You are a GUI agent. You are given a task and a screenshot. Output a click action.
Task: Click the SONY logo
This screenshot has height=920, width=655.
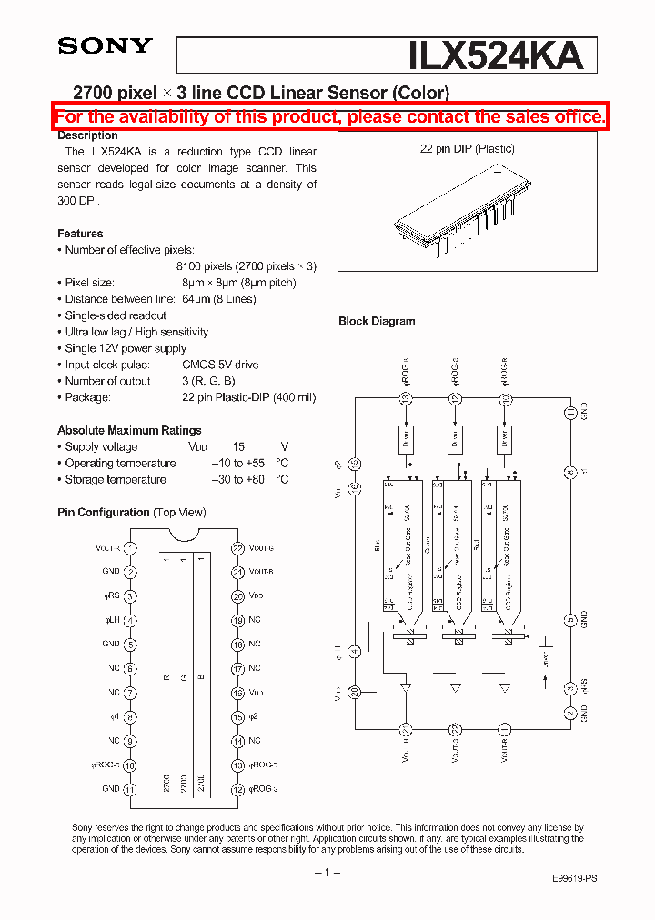pyautogui.click(x=105, y=45)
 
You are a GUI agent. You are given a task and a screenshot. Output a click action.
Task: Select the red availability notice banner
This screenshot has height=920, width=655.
pyautogui.click(x=329, y=116)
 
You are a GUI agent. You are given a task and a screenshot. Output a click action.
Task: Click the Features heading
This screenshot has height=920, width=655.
pyautogui.click(x=80, y=234)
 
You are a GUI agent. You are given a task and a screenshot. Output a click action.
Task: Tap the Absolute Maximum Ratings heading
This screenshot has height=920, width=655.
pyautogui.click(x=129, y=430)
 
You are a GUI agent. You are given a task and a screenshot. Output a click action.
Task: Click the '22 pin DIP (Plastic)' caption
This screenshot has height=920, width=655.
pyautogui.click(x=467, y=149)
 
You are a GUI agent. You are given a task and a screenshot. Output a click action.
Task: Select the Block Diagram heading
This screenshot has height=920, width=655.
pyautogui.click(x=377, y=321)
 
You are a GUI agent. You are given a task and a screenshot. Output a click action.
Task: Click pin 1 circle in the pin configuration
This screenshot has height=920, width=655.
pyautogui.click(x=130, y=548)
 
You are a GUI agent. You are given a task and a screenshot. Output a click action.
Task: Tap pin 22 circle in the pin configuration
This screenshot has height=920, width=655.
pyautogui.click(x=237, y=548)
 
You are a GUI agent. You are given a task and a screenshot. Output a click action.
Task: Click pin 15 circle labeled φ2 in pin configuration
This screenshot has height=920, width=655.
pyautogui.click(x=237, y=717)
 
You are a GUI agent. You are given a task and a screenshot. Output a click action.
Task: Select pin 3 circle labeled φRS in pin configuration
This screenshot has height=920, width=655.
pyautogui.click(x=130, y=596)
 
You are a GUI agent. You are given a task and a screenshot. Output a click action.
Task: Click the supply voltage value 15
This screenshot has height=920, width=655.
pyautogui.click(x=238, y=446)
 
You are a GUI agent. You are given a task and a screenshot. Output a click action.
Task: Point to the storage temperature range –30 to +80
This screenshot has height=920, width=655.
pyautogui.click(x=238, y=479)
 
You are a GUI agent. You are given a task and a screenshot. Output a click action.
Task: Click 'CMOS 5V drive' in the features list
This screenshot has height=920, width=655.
pyautogui.click(x=220, y=365)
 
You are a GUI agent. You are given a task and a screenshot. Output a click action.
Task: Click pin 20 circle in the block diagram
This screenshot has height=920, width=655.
pyautogui.click(x=355, y=692)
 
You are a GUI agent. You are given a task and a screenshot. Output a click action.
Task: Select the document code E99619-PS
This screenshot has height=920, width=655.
pyautogui.click(x=575, y=880)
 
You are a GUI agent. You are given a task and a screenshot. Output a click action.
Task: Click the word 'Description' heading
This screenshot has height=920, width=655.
pyautogui.click(x=87, y=135)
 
